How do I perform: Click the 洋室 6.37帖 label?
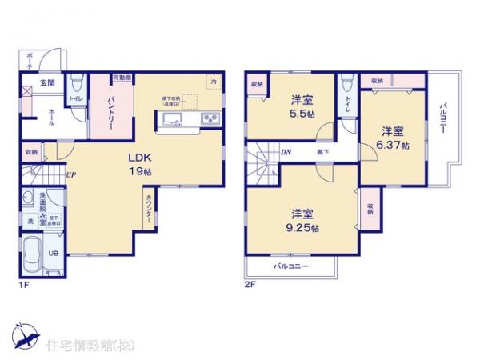click(392, 138)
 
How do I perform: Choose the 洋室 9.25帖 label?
click(302, 220)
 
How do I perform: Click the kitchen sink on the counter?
click(174, 119)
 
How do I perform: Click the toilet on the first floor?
click(77, 84)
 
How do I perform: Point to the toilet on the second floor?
click(346, 85)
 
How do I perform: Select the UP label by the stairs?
click(71, 175)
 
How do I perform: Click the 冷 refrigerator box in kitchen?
click(213, 80)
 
